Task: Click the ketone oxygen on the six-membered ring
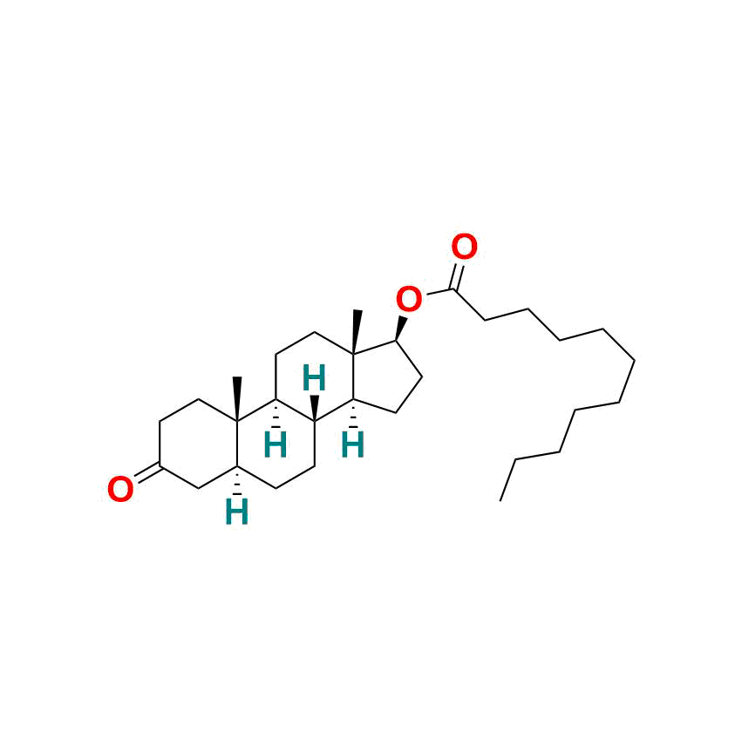(120, 489)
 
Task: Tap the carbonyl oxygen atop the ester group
(464, 248)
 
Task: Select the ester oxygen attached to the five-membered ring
(409, 299)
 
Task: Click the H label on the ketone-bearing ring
(237, 512)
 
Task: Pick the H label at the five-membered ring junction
(352, 444)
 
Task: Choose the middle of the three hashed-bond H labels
(276, 444)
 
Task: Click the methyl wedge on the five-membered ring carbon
(356, 332)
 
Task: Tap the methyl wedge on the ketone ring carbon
(237, 399)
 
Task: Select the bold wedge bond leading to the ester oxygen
(401, 329)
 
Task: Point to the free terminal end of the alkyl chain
(500, 501)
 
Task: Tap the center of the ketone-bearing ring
(199, 444)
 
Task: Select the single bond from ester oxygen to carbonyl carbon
(439, 293)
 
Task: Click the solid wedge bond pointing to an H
(314, 409)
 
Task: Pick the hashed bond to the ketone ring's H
(237, 480)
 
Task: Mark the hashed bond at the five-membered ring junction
(353, 413)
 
